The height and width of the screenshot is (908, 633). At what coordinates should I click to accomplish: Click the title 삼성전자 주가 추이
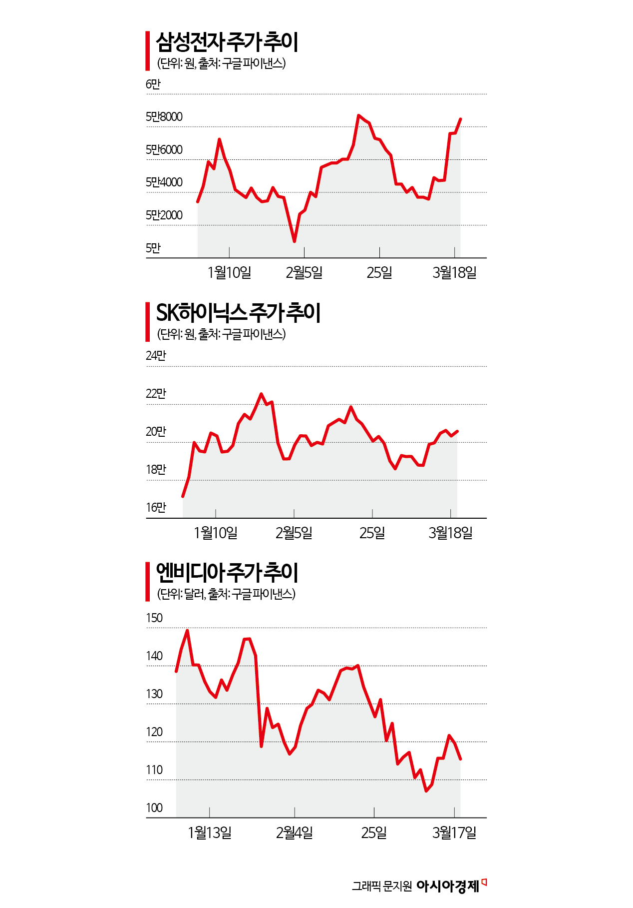click(227, 42)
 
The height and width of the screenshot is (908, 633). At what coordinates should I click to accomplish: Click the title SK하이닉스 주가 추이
click(238, 313)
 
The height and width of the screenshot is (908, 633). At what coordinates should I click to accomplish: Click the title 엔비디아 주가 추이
click(227, 573)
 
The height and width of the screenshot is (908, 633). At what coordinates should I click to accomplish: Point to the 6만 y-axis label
click(153, 84)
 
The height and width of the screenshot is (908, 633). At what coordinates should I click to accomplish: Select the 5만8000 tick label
click(164, 117)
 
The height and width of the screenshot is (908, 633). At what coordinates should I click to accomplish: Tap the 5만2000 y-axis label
click(164, 215)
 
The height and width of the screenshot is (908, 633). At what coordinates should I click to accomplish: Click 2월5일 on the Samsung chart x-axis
click(304, 273)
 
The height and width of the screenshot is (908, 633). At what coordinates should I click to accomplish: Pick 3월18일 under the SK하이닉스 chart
click(450, 533)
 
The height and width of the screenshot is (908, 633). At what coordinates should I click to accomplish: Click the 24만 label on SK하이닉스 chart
click(156, 356)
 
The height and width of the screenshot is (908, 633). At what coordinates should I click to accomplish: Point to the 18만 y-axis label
click(156, 470)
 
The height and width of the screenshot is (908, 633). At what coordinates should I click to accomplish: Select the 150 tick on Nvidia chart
click(154, 618)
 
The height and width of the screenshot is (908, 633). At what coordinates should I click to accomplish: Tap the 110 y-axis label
click(154, 770)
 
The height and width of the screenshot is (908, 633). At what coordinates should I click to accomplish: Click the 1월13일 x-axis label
click(210, 833)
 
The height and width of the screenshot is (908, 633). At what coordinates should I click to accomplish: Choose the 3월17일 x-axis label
click(454, 833)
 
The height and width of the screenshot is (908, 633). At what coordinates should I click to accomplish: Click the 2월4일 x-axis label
click(295, 833)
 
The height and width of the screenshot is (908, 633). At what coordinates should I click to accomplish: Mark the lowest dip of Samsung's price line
click(295, 241)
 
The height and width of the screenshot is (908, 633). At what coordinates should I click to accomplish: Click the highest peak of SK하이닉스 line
click(261, 394)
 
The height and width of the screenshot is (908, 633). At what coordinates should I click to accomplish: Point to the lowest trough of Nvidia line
click(426, 791)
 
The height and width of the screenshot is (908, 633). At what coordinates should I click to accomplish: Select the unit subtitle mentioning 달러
click(226, 594)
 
